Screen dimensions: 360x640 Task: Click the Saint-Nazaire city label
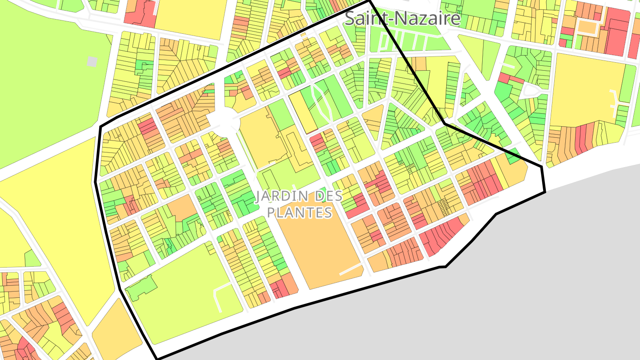point(403,19)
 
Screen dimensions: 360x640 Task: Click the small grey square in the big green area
point(92,61)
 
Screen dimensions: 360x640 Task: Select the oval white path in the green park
point(322,103)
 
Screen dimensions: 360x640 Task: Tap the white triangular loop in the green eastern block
point(533,92)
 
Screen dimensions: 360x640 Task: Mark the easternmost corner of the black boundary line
point(544,192)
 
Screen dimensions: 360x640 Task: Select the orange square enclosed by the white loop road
point(588,28)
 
